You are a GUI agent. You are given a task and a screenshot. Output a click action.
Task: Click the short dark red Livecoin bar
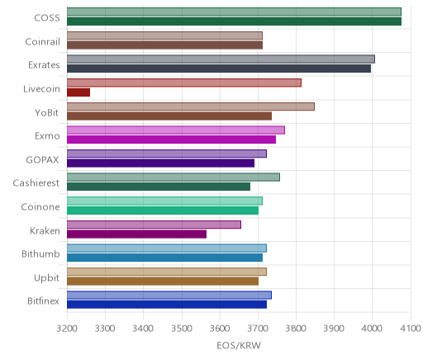tap(78, 92)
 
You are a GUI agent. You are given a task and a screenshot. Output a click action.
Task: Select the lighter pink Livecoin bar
tap(184, 83)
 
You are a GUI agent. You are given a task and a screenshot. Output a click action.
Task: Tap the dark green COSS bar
tap(234, 21)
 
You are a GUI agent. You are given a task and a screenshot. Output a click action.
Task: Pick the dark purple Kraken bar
tap(136, 234)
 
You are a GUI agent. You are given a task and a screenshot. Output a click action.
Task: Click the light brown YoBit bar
tap(191, 107)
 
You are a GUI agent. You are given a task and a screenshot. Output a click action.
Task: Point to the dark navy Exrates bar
tap(219, 69)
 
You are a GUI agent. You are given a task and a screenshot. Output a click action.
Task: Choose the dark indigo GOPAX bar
tap(160, 163)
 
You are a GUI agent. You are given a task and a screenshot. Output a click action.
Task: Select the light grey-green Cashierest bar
tap(173, 178)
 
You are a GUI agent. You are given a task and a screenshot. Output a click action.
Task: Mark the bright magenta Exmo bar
tap(171, 140)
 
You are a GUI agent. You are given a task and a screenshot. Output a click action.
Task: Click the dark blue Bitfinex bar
tap(167, 305)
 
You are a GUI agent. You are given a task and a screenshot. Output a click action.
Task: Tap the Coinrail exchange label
tap(43, 42)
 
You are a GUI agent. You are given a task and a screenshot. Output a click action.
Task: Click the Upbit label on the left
tap(46, 278)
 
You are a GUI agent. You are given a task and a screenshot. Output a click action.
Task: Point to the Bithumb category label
tap(40, 253)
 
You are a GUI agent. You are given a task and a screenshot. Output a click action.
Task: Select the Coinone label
tap(40, 206)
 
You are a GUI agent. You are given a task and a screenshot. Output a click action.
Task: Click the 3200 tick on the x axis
tap(67, 329)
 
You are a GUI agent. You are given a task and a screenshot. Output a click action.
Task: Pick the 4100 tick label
tap(411, 329)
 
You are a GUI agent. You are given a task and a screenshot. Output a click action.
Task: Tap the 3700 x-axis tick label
tap(258, 329)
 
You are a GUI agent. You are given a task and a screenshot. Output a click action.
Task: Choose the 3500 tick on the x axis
tap(182, 329)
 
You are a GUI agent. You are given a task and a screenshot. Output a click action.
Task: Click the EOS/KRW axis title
tap(239, 346)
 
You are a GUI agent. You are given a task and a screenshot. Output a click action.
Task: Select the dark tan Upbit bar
tap(163, 282)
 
